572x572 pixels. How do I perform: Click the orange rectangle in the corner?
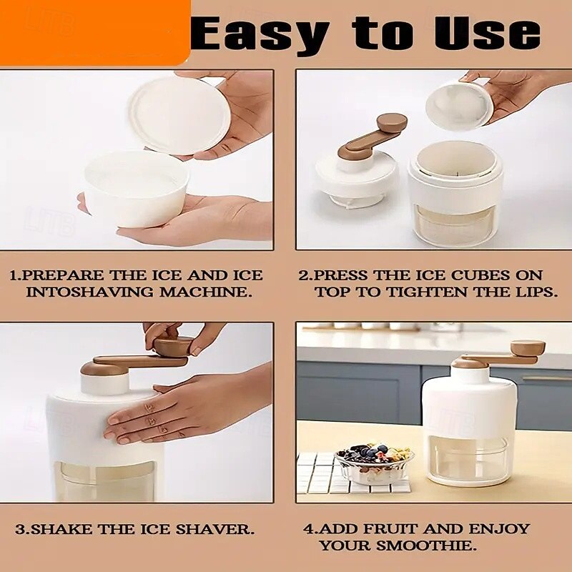pyautogui.click(x=93, y=31)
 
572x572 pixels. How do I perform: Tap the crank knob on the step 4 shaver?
pyautogui.click(x=527, y=348)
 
